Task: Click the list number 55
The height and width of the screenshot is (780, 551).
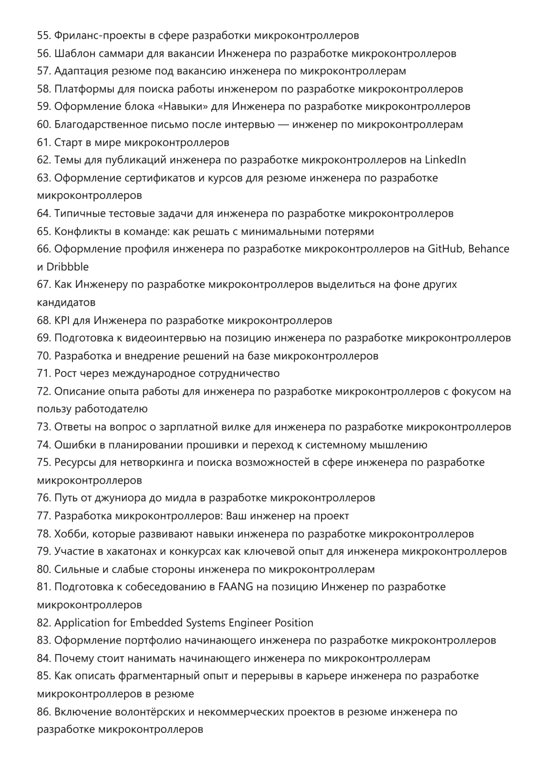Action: point(44,36)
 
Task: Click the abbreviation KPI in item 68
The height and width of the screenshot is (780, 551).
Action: point(62,320)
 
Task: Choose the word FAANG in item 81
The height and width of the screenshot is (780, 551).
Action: point(236,587)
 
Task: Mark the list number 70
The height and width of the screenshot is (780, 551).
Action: point(44,356)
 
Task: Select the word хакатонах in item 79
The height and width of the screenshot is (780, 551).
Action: point(131,551)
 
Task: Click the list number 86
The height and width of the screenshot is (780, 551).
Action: point(44,711)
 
